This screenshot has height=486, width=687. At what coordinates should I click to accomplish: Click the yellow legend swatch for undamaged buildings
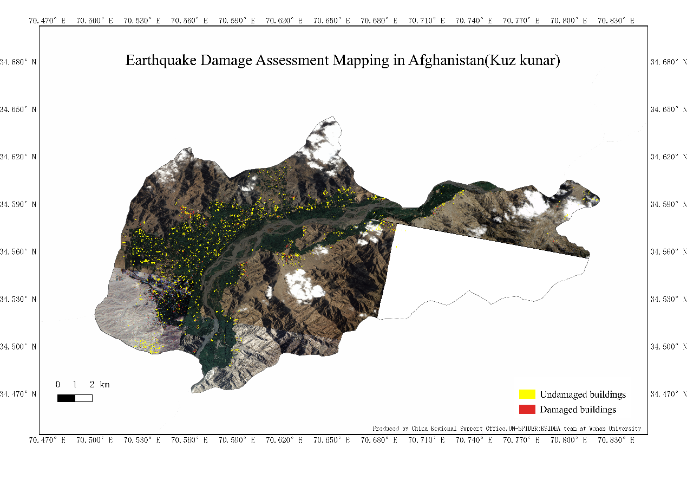527,394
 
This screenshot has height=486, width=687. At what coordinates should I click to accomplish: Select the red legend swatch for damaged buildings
527,409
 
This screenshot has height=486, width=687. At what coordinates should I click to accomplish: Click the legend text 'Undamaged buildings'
583,394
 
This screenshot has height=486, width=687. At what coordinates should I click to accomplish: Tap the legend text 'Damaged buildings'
578,410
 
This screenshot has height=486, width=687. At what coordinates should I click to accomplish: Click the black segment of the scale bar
66,398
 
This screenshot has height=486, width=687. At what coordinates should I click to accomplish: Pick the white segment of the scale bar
83,398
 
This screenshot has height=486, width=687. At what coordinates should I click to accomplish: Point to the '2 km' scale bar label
100,385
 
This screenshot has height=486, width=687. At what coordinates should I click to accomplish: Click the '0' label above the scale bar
58,385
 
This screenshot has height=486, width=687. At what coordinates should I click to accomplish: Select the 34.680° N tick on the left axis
18,62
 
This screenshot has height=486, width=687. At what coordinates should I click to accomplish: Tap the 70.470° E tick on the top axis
47,21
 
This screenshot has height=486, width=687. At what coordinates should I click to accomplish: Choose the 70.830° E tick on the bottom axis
616,440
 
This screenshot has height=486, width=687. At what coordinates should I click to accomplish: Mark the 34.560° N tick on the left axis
18,251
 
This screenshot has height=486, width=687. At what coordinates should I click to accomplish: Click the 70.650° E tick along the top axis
331,21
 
